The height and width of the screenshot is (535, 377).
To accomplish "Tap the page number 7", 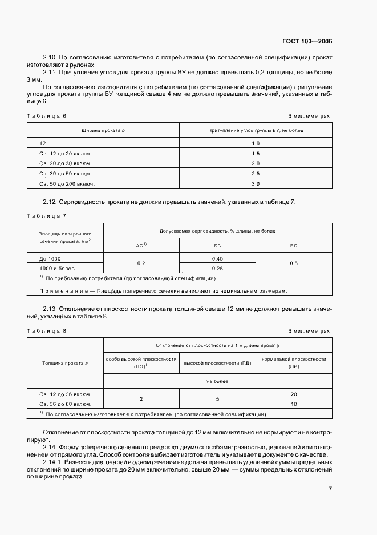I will pyautogui.click(x=330, y=489).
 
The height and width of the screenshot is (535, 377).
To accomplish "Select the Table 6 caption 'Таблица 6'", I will pyautogui.click(x=47, y=116).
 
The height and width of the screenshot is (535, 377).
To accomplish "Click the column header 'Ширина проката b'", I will pyautogui.click(x=103, y=131).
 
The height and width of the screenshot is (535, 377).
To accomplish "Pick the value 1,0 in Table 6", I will pyautogui.click(x=256, y=143).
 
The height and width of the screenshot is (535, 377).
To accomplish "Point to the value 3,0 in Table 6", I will pyautogui.click(x=256, y=184).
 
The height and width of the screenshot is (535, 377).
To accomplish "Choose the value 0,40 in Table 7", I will pyautogui.click(x=217, y=258).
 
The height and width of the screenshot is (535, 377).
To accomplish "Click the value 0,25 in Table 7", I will pyautogui.click(x=217, y=267).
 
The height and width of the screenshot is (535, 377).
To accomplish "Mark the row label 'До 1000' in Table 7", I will pyautogui.click(x=50, y=259).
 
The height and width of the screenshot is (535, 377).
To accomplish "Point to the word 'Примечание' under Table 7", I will pyautogui.click(x=63, y=290).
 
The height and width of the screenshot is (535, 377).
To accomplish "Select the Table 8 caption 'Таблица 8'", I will pyautogui.click(x=47, y=331).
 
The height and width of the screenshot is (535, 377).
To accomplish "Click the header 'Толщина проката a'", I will pyautogui.click(x=65, y=362).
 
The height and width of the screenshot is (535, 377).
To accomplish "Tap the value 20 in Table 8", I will pyautogui.click(x=294, y=394).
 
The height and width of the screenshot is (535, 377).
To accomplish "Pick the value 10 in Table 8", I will pyautogui.click(x=294, y=404).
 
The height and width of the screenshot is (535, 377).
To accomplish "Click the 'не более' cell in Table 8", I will pyautogui.click(x=217, y=381).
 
